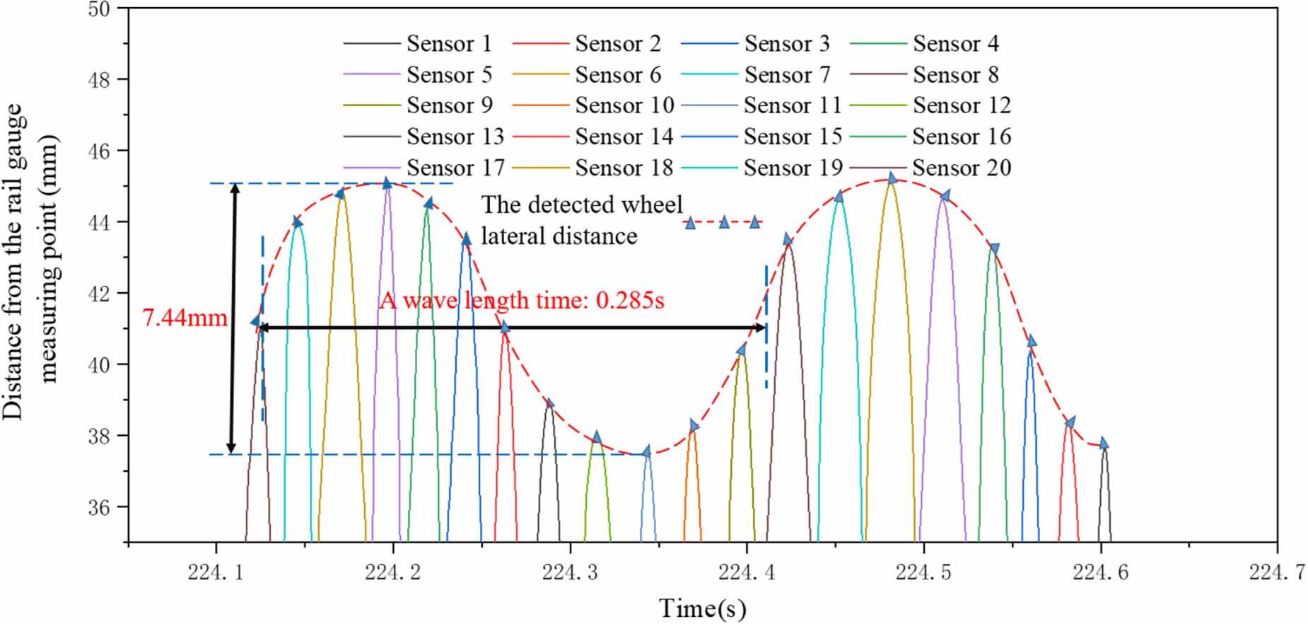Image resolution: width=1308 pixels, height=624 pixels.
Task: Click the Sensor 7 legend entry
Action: click(x=786, y=74)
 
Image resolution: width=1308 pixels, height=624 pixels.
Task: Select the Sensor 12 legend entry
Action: click(x=962, y=105)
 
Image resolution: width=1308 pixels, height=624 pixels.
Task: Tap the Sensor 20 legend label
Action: click(x=962, y=168)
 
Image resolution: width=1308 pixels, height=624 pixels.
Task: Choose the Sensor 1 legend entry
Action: click(x=449, y=43)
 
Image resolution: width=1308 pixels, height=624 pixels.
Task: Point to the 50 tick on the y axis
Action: click(x=99, y=10)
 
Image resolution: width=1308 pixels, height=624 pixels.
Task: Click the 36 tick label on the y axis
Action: click(x=99, y=507)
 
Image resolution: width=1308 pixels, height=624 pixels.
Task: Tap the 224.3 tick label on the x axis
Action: click(x=570, y=572)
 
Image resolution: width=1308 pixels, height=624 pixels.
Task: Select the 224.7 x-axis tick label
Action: click(x=1277, y=572)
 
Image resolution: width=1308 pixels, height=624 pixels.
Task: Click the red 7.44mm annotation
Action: click(x=185, y=318)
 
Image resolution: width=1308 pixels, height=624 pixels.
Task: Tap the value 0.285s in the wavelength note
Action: click(x=630, y=301)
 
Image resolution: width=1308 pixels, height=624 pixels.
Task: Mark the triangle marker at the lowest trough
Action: click(x=646, y=451)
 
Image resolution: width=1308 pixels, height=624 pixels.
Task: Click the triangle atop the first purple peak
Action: click(x=386, y=183)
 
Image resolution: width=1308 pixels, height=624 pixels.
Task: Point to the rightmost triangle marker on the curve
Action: click(x=1103, y=444)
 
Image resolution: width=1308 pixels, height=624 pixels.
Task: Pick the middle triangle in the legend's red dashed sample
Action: click(x=724, y=223)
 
